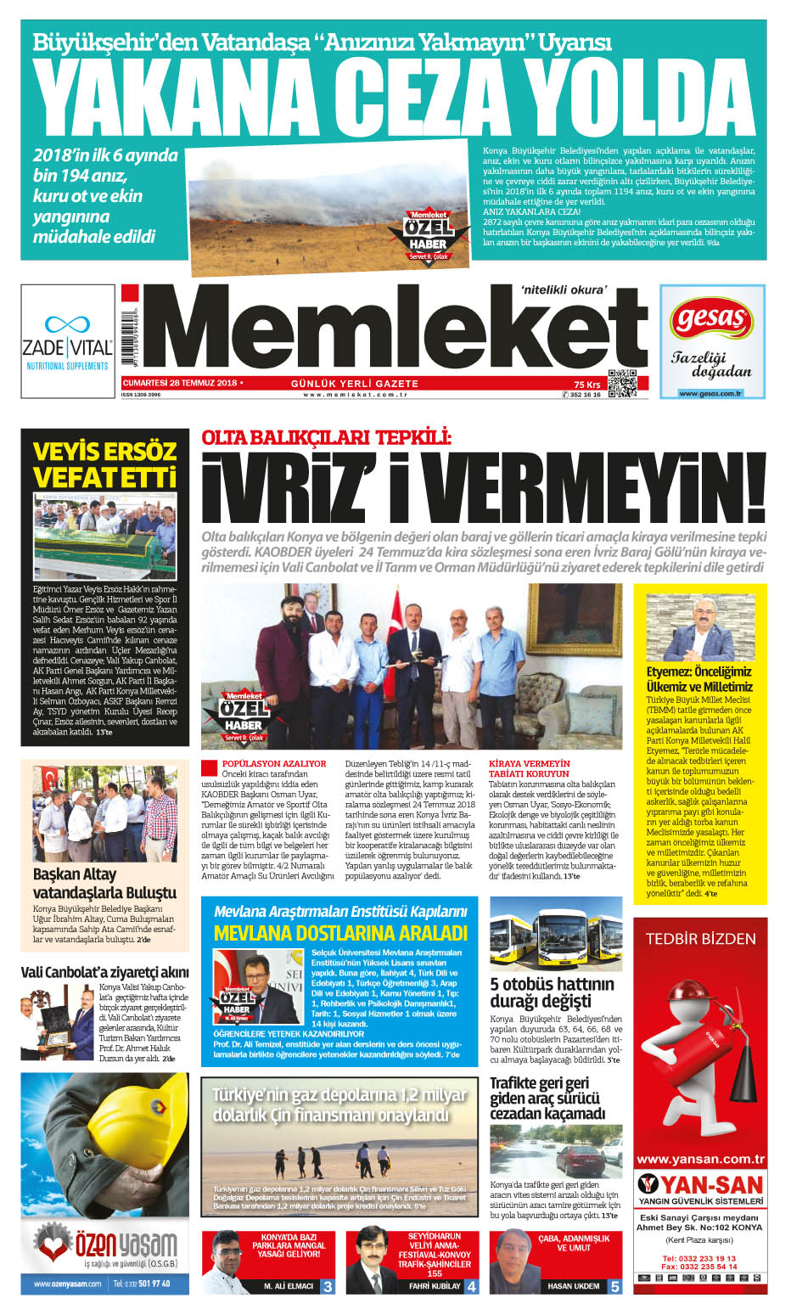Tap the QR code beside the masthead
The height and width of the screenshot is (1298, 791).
(x=622, y=385)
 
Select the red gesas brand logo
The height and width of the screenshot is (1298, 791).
(x=711, y=319)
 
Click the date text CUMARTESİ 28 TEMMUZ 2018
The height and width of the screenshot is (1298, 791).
(x=180, y=383)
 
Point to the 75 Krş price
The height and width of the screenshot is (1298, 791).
(x=586, y=385)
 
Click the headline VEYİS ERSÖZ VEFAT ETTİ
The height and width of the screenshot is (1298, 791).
(x=104, y=464)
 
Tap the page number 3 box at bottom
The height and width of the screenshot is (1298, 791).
(x=327, y=1286)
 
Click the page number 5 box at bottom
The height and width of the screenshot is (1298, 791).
(x=614, y=1286)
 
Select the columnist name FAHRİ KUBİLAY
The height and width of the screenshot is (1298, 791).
(x=435, y=1286)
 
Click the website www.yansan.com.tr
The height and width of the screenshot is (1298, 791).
(x=700, y=1159)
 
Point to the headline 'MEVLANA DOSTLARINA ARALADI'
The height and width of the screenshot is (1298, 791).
(x=340, y=933)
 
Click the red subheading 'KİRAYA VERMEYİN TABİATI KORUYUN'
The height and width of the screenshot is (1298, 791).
(x=529, y=768)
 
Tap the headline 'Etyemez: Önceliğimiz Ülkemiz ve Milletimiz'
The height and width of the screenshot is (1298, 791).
(x=699, y=679)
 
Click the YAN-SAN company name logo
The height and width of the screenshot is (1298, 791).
(x=700, y=1184)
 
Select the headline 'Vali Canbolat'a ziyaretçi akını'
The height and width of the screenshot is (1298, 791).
(x=104, y=972)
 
